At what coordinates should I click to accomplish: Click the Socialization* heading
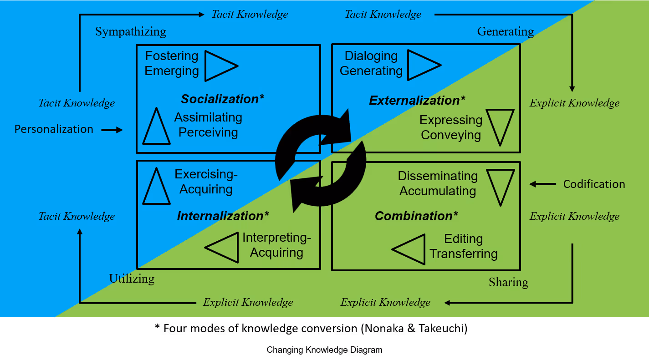tap(223, 99)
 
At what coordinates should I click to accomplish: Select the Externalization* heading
tap(417, 100)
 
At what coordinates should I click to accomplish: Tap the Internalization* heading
tap(223, 216)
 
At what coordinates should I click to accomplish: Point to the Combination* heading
tap(416, 216)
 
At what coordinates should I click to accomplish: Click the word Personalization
tap(54, 129)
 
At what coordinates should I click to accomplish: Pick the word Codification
tap(594, 184)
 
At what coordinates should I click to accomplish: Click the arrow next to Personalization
tap(112, 130)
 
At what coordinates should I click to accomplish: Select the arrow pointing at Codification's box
tap(542, 184)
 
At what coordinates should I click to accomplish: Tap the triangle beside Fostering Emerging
tap(219, 66)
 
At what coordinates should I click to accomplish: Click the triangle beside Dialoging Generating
tap(422, 66)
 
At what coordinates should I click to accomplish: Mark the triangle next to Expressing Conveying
tap(500, 126)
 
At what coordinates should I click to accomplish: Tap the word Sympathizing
tap(131, 32)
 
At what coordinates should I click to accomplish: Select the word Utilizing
tap(132, 279)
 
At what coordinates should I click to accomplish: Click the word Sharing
tap(508, 282)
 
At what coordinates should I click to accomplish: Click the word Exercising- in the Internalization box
tap(206, 174)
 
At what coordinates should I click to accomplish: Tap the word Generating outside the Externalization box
tap(506, 32)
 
